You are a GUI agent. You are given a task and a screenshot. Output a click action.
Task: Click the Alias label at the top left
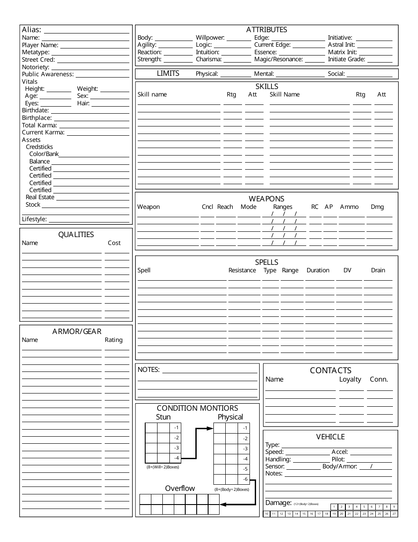(x=32, y=30)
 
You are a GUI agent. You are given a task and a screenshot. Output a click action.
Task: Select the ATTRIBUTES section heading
(x=266, y=30)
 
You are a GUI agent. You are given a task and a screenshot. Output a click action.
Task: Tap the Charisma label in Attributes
(x=209, y=59)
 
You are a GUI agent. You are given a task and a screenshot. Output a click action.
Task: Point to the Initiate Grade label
(x=346, y=59)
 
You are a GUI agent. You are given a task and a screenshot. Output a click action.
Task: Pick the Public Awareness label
(x=48, y=74)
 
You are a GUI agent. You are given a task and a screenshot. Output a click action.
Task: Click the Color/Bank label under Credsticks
(x=44, y=154)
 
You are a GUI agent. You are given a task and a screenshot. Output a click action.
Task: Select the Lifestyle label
(x=34, y=219)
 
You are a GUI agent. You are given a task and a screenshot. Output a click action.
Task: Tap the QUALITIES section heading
(x=76, y=234)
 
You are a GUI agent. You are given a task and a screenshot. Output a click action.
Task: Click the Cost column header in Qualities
(x=114, y=243)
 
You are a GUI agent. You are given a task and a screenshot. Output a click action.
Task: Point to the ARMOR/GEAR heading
(x=77, y=331)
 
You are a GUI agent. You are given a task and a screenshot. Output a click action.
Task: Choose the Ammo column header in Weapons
(x=349, y=207)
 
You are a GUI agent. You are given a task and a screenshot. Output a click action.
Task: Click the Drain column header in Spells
(x=378, y=270)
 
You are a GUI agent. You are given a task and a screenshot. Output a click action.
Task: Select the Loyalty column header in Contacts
(x=350, y=379)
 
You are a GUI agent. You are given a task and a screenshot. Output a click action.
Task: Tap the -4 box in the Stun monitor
(x=176, y=458)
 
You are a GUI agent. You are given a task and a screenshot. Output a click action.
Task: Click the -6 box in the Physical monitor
(x=245, y=479)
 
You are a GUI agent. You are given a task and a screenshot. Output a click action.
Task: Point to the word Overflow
(x=180, y=488)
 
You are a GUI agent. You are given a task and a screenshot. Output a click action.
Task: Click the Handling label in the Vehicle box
(x=278, y=459)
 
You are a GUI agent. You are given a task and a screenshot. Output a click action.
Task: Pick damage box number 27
(x=394, y=514)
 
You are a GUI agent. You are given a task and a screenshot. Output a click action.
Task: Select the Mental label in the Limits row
(x=264, y=74)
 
